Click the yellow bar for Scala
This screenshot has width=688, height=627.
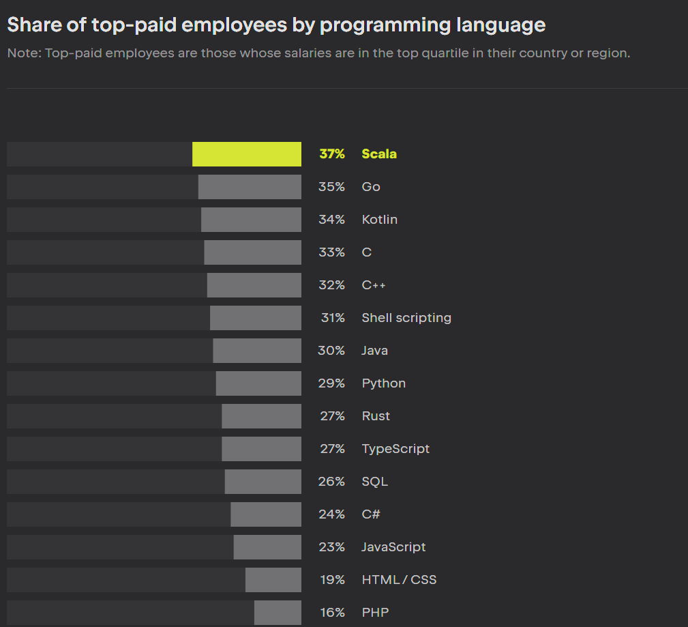point(247,154)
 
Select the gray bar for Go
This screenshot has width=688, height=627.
point(250,187)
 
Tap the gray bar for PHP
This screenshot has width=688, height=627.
point(278,613)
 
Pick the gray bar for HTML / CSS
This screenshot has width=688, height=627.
point(273,580)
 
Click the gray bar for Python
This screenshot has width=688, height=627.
point(258,383)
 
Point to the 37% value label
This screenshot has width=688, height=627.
point(332,154)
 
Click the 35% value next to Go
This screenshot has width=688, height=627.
point(331,187)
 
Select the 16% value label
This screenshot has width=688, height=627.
point(333,613)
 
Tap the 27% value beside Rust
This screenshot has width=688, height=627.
point(333,416)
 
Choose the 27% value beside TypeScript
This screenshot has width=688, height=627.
point(333,449)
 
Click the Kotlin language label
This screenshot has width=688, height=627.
point(380,220)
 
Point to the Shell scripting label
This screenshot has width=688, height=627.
point(406,318)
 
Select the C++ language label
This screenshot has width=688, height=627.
point(374,285)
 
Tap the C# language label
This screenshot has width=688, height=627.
point(371,514)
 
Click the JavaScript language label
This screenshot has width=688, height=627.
point(393,547)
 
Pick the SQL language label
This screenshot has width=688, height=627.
point(375,482)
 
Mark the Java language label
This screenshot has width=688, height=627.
point(375,351)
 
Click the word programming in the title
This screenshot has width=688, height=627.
point(385,26)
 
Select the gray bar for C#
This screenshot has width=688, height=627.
point(266,514)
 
